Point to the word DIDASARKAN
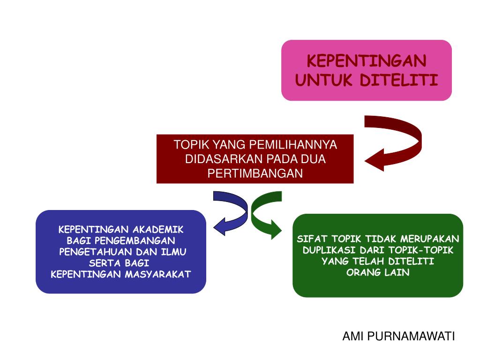click(216, 159)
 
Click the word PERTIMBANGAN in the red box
click(255, 173)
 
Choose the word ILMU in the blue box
click(174, 252)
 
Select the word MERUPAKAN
click(430, 239)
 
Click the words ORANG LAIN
click(378, 273)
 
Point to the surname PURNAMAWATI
click(411, 336)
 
